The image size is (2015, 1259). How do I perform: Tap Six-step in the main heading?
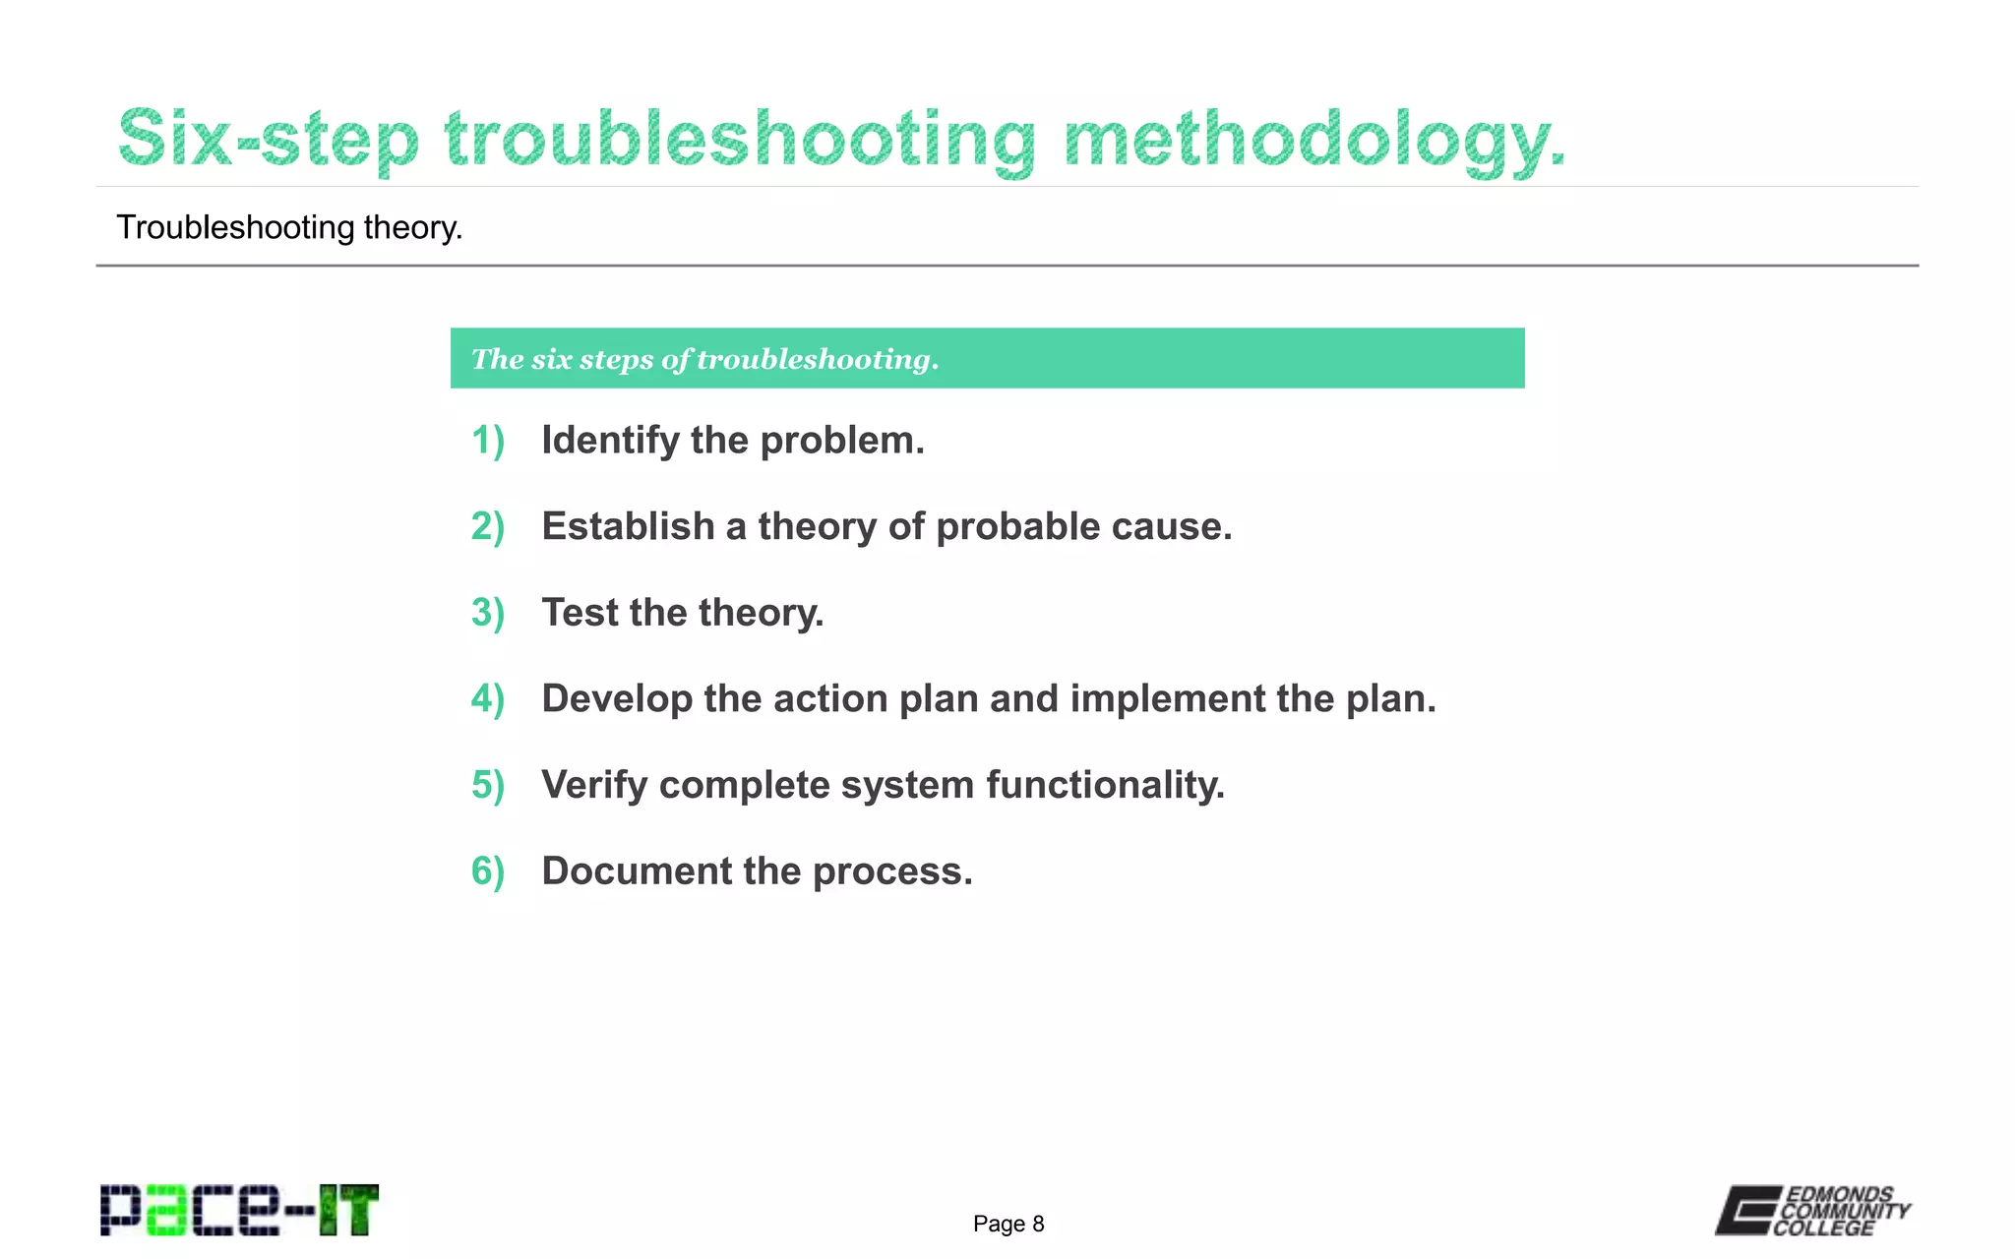pyautogui.click(x=269, y=139)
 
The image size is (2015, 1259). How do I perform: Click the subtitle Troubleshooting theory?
pyautogui.click(x=289, y=227)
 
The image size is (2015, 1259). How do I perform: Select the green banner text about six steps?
pyautogui.click(x=704, y=359)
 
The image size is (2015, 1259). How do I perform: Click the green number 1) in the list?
pyautogui.click(x=488, y=441)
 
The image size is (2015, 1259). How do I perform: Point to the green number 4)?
pyautogui.click(x=488, y=699)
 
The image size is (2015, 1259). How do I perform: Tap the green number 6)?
pyautogui.click(x=488, y=871)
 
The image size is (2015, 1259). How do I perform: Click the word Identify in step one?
pyautogui.click(x=609, y=441)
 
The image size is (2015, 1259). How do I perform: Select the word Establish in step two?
pyautogui.click(x=628, y=526)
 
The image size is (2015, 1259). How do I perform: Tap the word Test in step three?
pyautogui.click(x=580, y=613)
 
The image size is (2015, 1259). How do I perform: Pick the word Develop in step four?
pyautogui.click(x=617, y=699)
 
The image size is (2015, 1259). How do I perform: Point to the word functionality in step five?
pyautogui.click(x=1105, y=785)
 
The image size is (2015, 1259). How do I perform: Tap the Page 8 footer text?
pyautogui.click(x=1007, y=1224)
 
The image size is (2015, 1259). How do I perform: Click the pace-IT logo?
pyautogui.click(x=239, y=1210)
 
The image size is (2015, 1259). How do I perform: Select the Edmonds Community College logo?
pyautogui.click(x=1812, y=1210)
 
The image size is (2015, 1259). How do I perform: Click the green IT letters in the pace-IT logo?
pyautogui.click(x=348, y=1210)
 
